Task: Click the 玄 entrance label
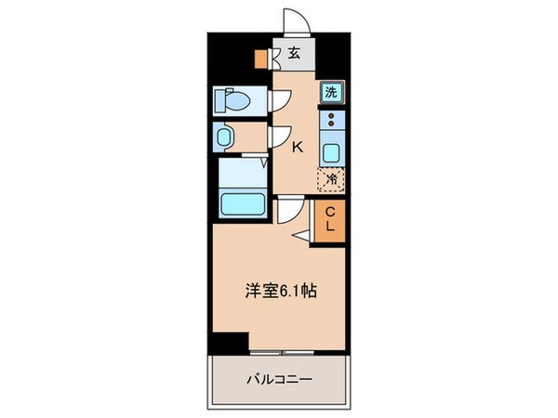pyautogui.click(x=292, y=53)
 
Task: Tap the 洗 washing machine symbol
pyautogui.click(x=330, y=92)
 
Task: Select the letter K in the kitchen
pyautogui.click(x=298, y=147)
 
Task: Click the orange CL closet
pyautogui.click(x=328, y=223)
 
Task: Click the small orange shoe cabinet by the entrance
pyautogui.click(x=263, y=58)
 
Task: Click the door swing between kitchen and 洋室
pyautogui.click(x=289, y=212)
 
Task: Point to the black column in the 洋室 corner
pyautogui.click(x=237, y=341)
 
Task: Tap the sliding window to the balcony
pyautogui.click(x=284, y=353)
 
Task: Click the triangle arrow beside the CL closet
pyautogui.click(x=303, y=238)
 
